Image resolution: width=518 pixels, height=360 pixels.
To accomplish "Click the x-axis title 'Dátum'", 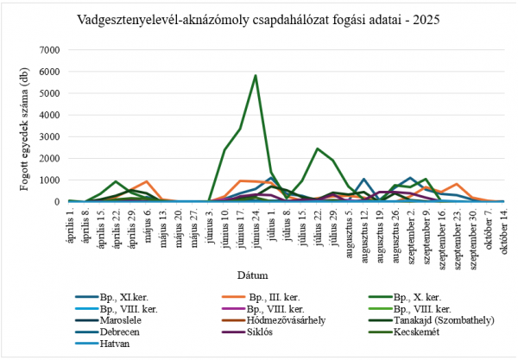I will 259,275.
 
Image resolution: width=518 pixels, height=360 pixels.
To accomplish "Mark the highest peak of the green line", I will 255,75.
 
